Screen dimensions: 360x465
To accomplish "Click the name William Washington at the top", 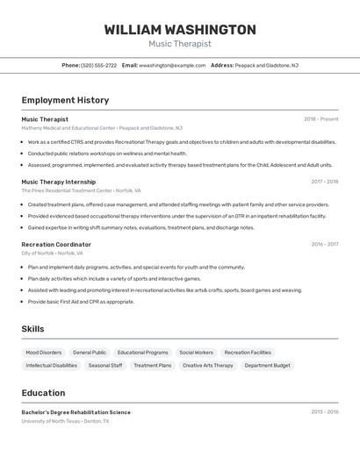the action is tap(180, 30).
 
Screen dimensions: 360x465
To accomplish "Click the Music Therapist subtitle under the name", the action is tap(180, 44).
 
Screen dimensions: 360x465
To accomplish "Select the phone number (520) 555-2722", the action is tap(98, 65).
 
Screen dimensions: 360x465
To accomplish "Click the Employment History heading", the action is tap(65, 100).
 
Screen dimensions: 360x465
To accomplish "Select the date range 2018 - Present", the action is tap(320, 119).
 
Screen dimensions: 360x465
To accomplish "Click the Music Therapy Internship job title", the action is tap(58, 182).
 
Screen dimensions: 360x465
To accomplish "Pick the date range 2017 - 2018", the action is tap(324, 182).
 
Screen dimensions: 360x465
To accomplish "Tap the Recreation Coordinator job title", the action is tap(56, 244).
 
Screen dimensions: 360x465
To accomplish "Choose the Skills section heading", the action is tap(33, 329).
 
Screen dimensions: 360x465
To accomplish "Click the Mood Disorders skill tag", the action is tap(44, 352).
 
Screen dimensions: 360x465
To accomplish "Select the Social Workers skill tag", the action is tap(196, 352).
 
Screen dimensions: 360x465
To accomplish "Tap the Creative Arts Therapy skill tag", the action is tap(208, 365).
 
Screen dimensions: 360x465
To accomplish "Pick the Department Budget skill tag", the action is tap(267, 365).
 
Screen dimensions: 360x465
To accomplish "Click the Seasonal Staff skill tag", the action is tap(105, 365).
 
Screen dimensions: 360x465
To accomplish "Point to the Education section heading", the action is tap(43, 393).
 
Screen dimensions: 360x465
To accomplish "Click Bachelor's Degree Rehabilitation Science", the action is tap(76, 411).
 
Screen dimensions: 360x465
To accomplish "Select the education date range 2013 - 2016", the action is tap(324, 411).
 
